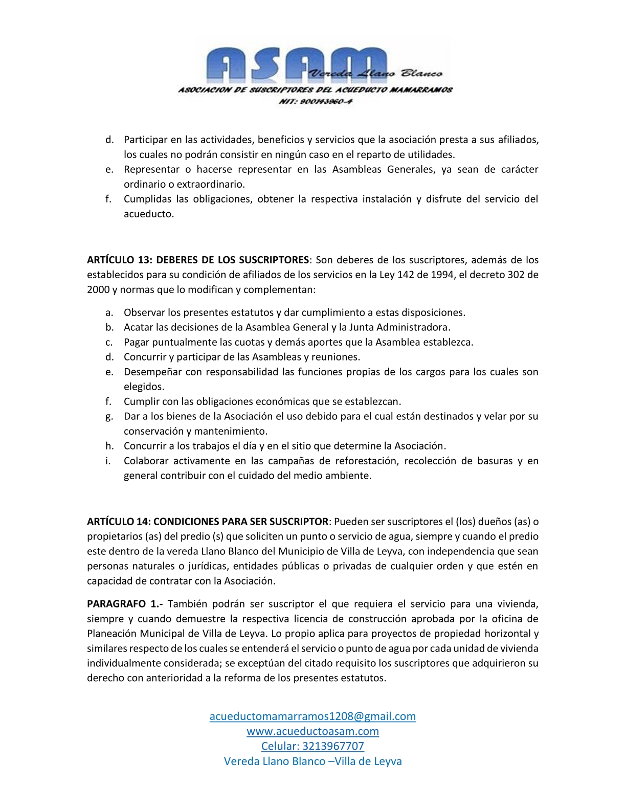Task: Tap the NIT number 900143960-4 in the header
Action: pos(315,101)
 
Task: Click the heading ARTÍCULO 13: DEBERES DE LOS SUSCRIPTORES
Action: pos(198,260)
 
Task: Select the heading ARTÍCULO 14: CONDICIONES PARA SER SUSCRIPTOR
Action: pos(208,522)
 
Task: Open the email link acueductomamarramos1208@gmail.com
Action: pos(312,716)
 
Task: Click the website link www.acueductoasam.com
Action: pos(312,731)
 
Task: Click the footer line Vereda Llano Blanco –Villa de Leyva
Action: pos(312,761)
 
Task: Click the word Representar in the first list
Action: pos(151,169)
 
